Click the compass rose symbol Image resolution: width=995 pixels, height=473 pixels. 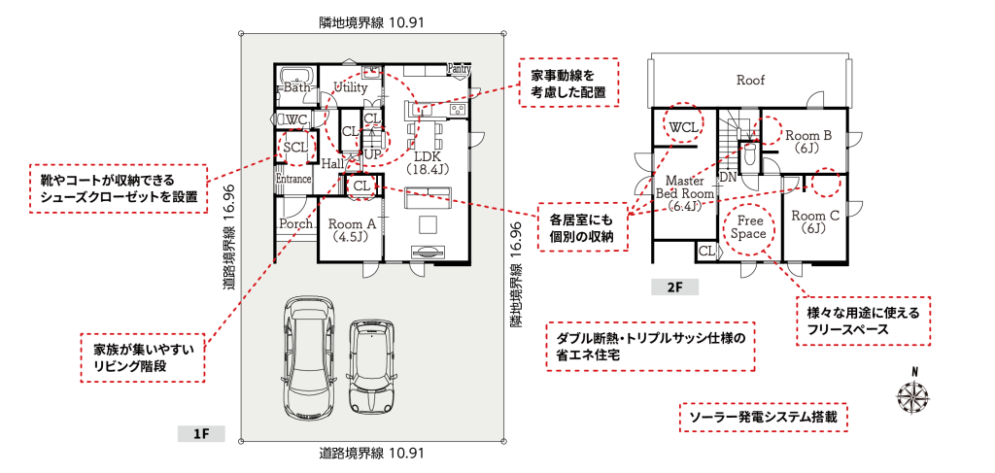tap(912, 394)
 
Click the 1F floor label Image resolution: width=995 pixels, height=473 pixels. tap(201, 432)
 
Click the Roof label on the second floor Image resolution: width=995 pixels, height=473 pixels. tap(751, 80)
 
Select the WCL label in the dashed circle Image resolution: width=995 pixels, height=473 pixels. tap(683, 126)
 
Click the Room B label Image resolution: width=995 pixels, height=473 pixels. tap(808, 143)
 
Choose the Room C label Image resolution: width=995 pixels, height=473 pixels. tap(813, 220)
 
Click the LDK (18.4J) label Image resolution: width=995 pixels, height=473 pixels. tap(428, 162)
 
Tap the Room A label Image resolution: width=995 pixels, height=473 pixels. tap(347, 229)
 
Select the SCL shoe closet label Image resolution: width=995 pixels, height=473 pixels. tap(295, 148)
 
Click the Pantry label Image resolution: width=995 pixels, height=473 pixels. tap(460, 69)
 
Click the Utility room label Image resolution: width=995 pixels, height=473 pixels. tap(350, 87)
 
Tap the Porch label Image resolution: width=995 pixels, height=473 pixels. tap(295, 223)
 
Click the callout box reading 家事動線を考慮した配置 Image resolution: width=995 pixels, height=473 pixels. tap(568, 83)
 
